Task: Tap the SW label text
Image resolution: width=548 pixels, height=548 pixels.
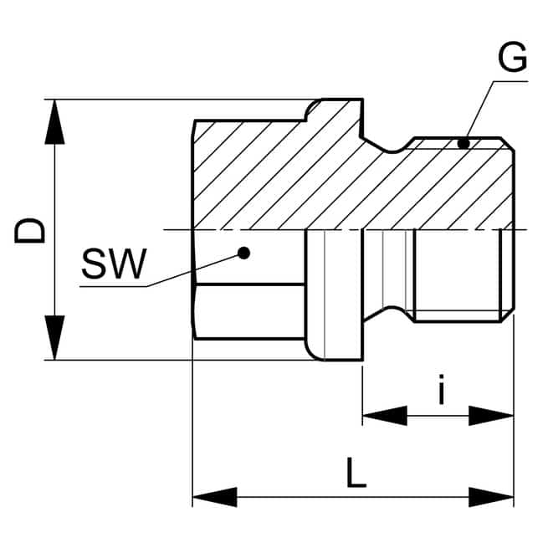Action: [x=114, y=265]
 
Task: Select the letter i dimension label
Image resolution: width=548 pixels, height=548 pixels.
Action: [x=441, y=390]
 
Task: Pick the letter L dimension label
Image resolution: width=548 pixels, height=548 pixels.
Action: [x=356, y=475]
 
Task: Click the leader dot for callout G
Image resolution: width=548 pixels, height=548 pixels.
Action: [x=463, y=143]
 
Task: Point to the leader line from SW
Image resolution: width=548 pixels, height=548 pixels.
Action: [x=192, y=269]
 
